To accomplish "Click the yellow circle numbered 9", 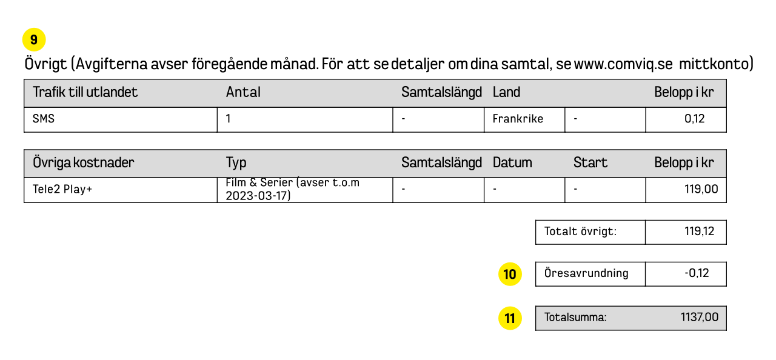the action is [x=34, y=40].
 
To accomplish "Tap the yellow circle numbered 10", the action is [x=510, y=275].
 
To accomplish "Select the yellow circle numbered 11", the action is [x=510, y=318].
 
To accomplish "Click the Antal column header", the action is [x=243, y=92].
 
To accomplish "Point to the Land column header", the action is [x=506, y=92].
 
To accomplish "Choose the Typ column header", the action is [x=236, y=162].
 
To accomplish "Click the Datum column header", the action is [x=512, y=162].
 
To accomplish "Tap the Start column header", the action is [x=590, y=162].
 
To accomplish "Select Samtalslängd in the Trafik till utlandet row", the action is [x=441, y=92].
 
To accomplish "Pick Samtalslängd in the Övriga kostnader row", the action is [x=441, y=162].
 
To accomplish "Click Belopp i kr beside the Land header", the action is [x=684, y=92].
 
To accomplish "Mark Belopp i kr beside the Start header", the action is [x=684, y=162].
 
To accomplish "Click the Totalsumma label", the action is [x=575, y=318].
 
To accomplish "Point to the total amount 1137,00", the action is [x=700, y=318].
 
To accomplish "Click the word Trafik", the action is [x=48, y=92].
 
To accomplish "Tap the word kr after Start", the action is [x=707, y=162].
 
